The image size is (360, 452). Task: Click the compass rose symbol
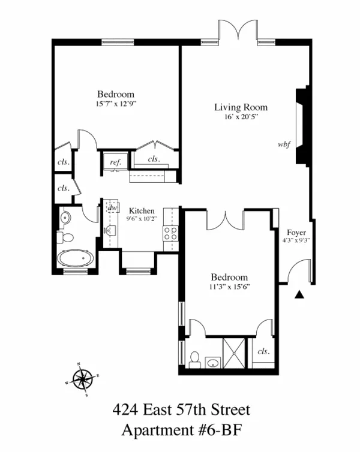pyautogui.click(x=82, y=379)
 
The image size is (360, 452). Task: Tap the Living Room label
pyautogui.click(x=241, y=107)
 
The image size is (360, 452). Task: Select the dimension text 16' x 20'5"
pyautogui.click(x=241, y=117)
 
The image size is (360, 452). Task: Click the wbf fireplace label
pyautogui.click(x=284, y=144)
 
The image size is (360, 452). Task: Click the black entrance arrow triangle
pyautogui.click(x=300, y=294)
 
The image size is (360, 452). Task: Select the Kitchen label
pyautogui.click(x=142, y=211)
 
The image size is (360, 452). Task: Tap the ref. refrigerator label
pyautogui.click(x=113, y=161)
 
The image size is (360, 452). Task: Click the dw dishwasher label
pyautogui.click(x=112, y=207)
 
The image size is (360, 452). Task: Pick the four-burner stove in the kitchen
pyautogui.click(x=170, y=234)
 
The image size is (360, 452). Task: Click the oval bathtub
pyautogui.click(x=76, y=259)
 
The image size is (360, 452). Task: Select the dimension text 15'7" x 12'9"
pyautogui.click(x=116, y=104)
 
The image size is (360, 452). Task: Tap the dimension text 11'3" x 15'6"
pyautogui.click(x=229, y=287)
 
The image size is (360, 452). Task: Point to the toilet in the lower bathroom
pyautogui.click(x=195, y=360)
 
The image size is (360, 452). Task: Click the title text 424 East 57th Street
pyautogui.click(x=181, y=411)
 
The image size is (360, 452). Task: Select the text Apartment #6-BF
pyautogui.click(x=181, y=430)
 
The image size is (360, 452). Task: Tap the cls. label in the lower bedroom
pyautogui.click(x=263, y=352)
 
